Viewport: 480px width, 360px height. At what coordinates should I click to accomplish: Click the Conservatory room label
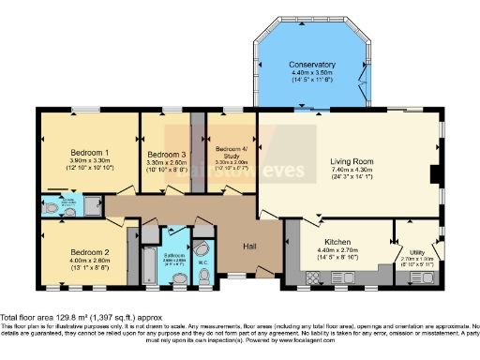pos(311,64)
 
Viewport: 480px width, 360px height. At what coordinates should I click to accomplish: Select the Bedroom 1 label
pos(89,152)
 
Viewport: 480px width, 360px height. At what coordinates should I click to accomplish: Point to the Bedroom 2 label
pos(88,252)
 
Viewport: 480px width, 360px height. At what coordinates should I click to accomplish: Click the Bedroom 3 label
pos(166,154)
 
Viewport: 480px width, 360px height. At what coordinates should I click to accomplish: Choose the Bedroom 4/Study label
pos(231,152)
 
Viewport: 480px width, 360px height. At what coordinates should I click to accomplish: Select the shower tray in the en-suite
pos(92,205)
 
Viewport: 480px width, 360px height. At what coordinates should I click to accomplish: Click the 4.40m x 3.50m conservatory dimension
pos(311,72)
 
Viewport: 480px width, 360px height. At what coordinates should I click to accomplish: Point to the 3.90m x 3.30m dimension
pos(89,160)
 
